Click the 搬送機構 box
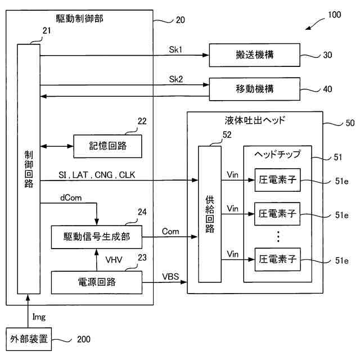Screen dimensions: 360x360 point(254,55)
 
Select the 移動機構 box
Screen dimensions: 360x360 point(254,89)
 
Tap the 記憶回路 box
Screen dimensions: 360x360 point(107,146)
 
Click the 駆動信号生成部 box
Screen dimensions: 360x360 point(96,237)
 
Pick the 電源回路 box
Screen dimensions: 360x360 point(96,282)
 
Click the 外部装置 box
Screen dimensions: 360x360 point(29,339)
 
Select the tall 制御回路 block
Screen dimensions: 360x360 point(29,169)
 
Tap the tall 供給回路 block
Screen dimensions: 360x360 point(210,214)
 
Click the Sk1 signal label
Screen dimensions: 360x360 point(175,49)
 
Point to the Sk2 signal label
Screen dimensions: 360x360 point(176,79)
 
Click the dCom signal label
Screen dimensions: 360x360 point(71,197)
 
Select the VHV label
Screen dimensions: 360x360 point(114,260)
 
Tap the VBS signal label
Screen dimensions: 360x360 point(170,276)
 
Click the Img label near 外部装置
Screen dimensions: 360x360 point(39,317)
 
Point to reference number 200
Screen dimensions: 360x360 point(84,339)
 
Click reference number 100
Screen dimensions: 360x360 point(334,15)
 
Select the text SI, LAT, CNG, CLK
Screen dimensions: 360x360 point(97,175)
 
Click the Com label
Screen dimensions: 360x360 point(170,231)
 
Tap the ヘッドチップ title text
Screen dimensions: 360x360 point(277,154)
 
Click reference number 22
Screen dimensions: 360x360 point(142,121)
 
